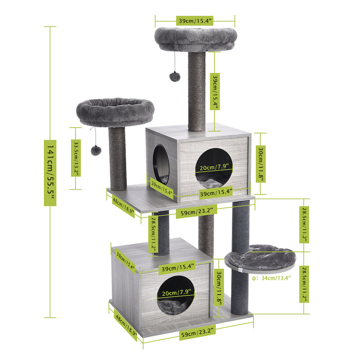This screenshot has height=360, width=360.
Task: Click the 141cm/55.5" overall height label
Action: point(50,172)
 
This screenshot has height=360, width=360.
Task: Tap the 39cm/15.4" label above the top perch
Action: point(195,21)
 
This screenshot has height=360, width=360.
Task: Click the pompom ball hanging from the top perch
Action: point(174,76)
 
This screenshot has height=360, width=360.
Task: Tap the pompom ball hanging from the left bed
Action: point(95,150)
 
